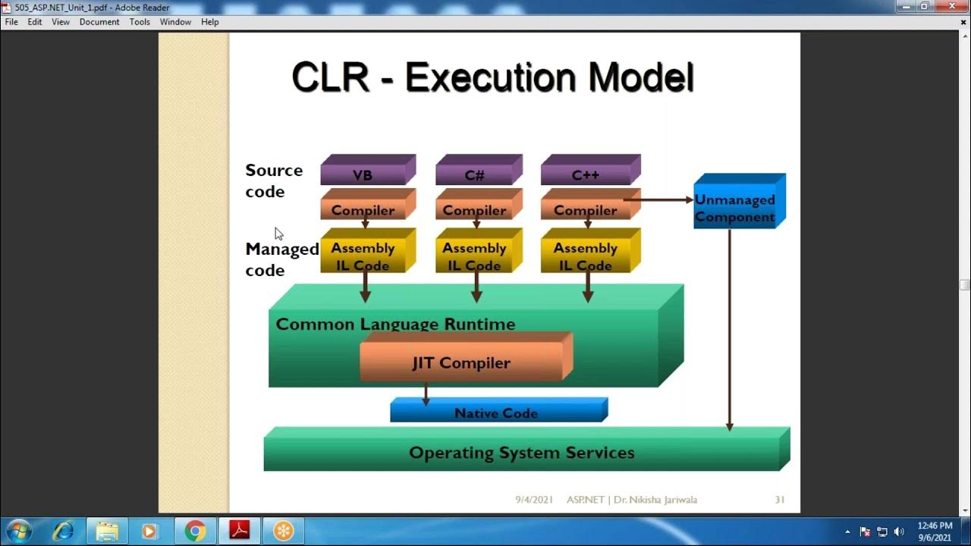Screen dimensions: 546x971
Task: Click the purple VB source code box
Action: coord(364,174)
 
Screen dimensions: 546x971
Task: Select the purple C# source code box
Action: coord(476,174)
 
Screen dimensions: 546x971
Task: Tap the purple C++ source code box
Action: coord(586,174)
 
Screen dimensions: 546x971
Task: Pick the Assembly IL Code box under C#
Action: coord(475,256)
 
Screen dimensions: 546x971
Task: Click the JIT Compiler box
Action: coord(462,362)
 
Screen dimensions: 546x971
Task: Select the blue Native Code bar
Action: coord(496,413)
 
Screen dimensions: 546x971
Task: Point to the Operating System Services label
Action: coord(522,453)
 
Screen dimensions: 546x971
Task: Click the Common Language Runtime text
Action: coord(395,324)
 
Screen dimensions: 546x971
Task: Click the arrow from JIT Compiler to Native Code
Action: coord(426,393)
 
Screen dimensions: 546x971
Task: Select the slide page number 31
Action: coord(779,500)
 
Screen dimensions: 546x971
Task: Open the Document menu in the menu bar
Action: coord(99,22)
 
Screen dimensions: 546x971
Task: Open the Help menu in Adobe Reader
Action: coord(210,22)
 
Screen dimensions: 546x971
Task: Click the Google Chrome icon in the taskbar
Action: coord(195,531)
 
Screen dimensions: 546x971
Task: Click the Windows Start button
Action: coord(18,530)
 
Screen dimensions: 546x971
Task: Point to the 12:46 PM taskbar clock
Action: coord(935,526)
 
